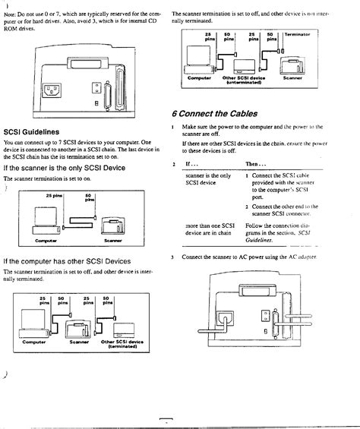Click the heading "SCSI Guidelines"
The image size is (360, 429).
click(x=30, y=131)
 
